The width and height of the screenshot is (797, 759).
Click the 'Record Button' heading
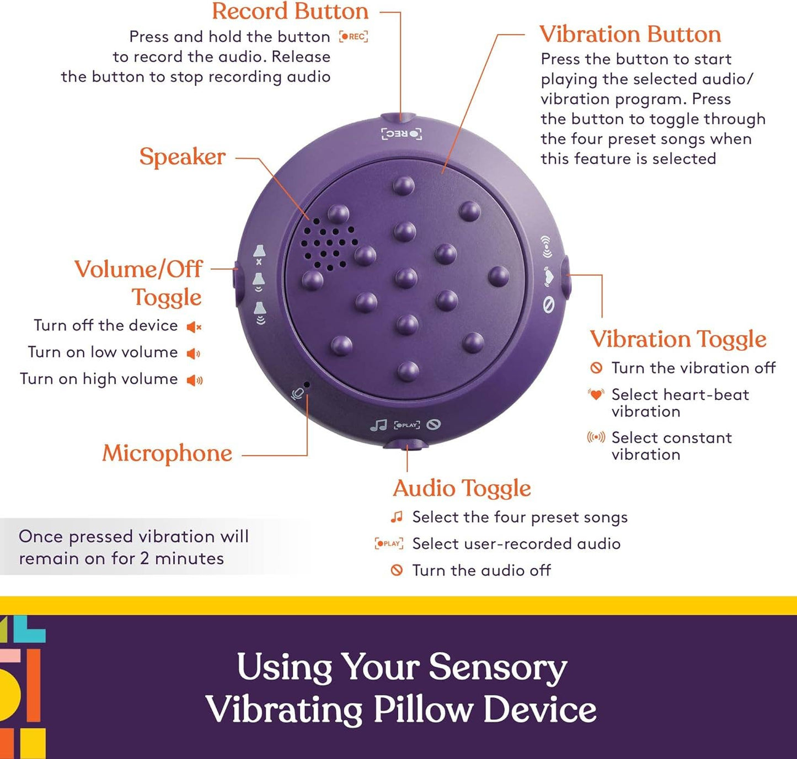pyautogui.click(x=290, y=12)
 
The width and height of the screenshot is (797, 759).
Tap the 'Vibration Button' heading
pyautogui.click(x=630, y=34)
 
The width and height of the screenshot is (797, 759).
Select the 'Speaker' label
pyautogui.click(x=182, y=157)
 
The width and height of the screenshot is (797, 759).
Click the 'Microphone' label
pyautogui.click(x=167, y=453)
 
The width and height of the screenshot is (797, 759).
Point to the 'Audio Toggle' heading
pyautogui.click(x=462, y=488)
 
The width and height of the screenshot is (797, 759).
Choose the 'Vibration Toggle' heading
pyautogui.click(x=678, y=339)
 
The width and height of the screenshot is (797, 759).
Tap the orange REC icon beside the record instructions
pyautogui.click(x=354, y=37)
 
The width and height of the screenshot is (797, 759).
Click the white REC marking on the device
pyautogui.click(x=402, y=134)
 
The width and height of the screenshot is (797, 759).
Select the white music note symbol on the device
pyautogui.click(x=378, y=425)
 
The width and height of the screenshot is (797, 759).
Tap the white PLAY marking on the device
pyautogui.click(x=407, y=425)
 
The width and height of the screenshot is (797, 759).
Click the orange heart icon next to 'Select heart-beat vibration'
pyautogui.click(x=596, y=395)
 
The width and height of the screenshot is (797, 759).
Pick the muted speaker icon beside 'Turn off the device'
pyautogui.click(x=194, y=327)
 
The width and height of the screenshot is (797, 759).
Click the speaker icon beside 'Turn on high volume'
pyautogui.click(x=194, y=380)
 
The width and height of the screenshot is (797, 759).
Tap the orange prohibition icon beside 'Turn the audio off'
pyautogui.click(x=397, y=570)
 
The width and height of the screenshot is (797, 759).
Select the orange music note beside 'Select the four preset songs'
pyautogui.click(x=396, y=517)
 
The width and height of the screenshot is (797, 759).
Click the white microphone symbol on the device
pyautogui.click(x=298, y=394)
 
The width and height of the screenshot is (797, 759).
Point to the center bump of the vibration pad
pyautogui.click(x=406, y=277)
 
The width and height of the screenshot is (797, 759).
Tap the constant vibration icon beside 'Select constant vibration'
pyautogui.click(x=596, y=438)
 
